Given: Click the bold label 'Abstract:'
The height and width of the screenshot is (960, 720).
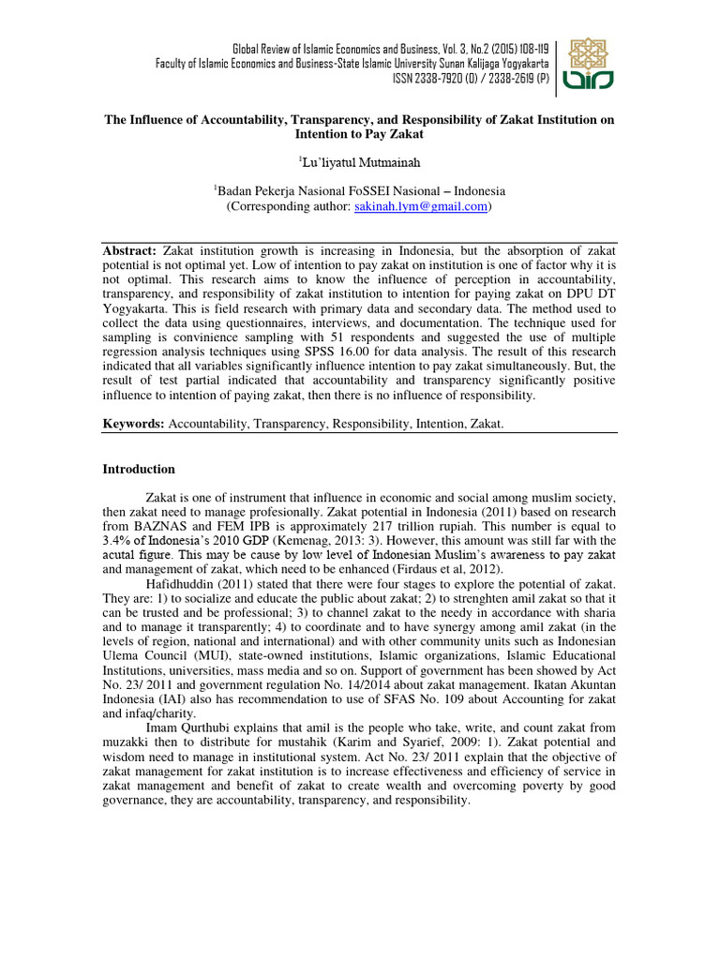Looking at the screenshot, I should (x=130, y=252).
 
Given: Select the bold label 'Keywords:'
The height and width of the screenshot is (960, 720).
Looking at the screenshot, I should (x=133, y=425).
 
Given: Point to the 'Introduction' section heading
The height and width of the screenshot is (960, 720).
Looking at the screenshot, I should (x=138, y=469).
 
